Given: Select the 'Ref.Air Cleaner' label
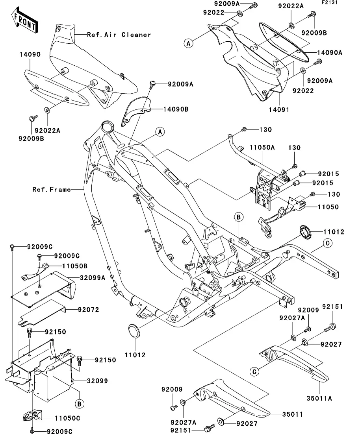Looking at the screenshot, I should [x=119, y=35].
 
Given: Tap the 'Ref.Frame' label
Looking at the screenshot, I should [x=52, y=189].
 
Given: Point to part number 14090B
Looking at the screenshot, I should [x=175, y=109].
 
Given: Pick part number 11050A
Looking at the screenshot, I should [x=262, y=148].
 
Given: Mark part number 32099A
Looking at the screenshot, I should [x=92, y=277].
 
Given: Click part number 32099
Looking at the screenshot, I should [x=97, y=381].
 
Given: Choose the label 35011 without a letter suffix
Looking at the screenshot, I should [x=293, y=414].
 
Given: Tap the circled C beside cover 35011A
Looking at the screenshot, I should [x=255, y=371].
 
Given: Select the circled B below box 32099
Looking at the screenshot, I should [x=79, y=404].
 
